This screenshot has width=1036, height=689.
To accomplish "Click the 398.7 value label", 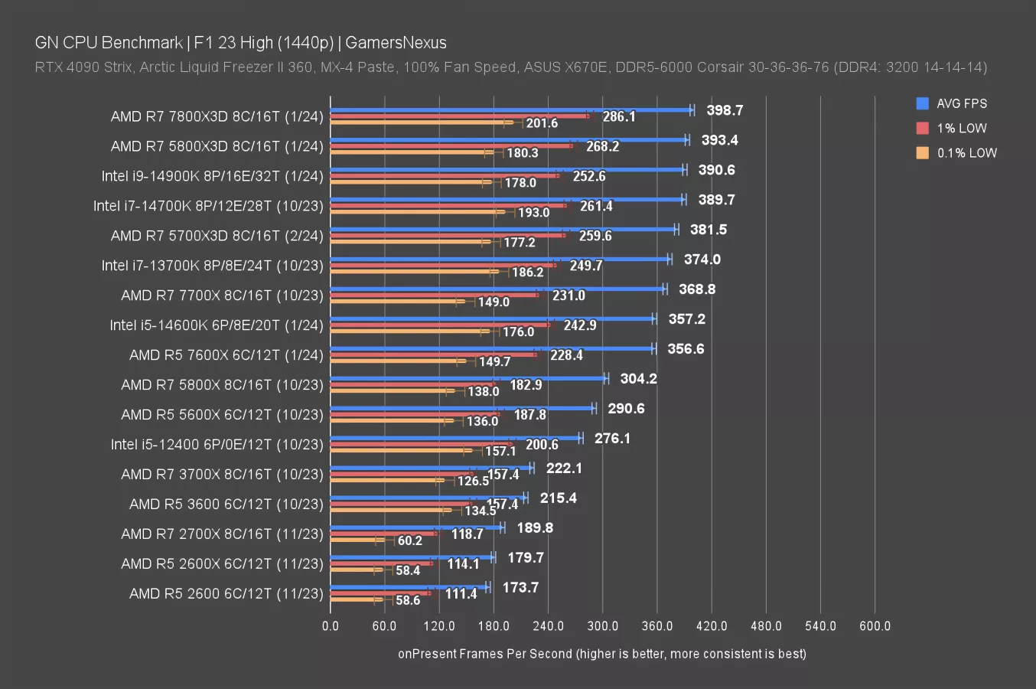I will tap(724, 110).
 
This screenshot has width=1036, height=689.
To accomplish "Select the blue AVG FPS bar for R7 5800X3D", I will tap(509, 139).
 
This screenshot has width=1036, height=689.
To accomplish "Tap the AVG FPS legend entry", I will tap(961, 103).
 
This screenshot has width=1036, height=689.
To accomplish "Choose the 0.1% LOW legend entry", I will tap(966, 153).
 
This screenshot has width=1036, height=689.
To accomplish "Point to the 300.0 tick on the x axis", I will tap(602, 626).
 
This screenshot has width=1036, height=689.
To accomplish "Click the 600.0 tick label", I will tap(875, 626).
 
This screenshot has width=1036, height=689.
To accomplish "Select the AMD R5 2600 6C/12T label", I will tap(226, 593).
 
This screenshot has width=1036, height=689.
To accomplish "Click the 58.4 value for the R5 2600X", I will tap(407, 570).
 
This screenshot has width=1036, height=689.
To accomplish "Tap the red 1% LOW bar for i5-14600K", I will tap(440, 325).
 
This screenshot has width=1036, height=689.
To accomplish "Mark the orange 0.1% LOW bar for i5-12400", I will tap(398, 450).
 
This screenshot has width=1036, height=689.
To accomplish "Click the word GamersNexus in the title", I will tap(396, 43).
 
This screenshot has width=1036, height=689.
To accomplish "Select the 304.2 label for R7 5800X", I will tap(638, 379).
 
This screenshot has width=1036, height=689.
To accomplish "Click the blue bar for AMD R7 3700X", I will tap(431, 468).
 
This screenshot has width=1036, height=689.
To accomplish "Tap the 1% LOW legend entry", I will tap(961, 129).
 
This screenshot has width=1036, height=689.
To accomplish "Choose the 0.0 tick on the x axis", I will tap(330, 626).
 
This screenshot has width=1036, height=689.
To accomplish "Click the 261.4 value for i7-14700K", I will tap(596, 206).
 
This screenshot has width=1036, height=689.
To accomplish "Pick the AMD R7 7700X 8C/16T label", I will tap(222, 296).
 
